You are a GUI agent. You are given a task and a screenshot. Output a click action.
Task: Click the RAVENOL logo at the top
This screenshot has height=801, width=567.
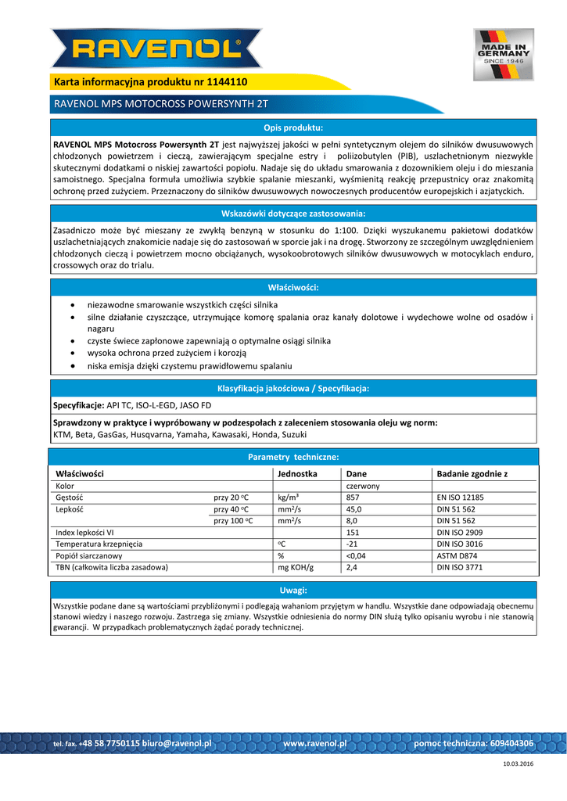point(156,48)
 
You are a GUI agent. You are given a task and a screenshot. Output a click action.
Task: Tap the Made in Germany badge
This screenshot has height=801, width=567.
point(503,54)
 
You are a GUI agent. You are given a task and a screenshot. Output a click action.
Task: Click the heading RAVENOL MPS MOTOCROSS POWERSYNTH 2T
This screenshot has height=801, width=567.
point(160,104)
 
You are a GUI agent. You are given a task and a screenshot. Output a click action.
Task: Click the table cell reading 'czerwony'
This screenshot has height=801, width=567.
point(362,486)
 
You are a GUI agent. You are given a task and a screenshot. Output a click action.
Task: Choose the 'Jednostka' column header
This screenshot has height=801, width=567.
point(297,474)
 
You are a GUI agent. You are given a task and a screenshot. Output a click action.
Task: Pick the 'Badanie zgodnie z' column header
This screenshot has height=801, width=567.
point(472,474)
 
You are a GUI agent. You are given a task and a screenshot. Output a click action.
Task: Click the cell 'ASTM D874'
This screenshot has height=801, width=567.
point(458,555)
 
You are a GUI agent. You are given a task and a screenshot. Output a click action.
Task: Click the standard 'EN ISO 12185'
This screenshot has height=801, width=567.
point(460,497)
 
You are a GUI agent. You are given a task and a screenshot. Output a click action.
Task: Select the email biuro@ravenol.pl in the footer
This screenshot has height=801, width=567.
point(176,743)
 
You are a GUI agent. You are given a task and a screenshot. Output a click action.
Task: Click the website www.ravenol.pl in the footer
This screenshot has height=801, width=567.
point(314,743)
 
